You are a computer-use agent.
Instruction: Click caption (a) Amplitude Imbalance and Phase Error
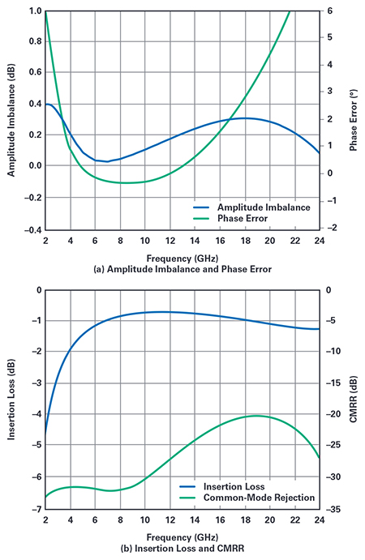[x=182, y=268]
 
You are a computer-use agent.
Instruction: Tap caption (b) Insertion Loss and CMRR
[x=182, y=547]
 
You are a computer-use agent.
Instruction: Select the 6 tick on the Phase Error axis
[x=330, y=11]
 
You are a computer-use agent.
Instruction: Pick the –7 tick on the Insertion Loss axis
[x=35, y=508]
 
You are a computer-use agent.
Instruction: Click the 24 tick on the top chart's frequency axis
[x=319, y=241]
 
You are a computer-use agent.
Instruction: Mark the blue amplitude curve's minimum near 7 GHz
[x=106, y=161]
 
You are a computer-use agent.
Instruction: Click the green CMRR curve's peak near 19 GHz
[x=257, y=416]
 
